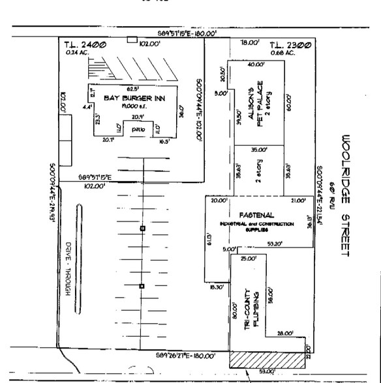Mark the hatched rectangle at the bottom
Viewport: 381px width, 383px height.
click(x=267, y=359)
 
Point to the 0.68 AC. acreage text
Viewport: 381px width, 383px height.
click(x=283, y=53)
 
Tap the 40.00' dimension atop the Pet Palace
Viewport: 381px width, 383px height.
click(x=256, y=64)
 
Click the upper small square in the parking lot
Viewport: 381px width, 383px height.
click(x=142, y=229)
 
